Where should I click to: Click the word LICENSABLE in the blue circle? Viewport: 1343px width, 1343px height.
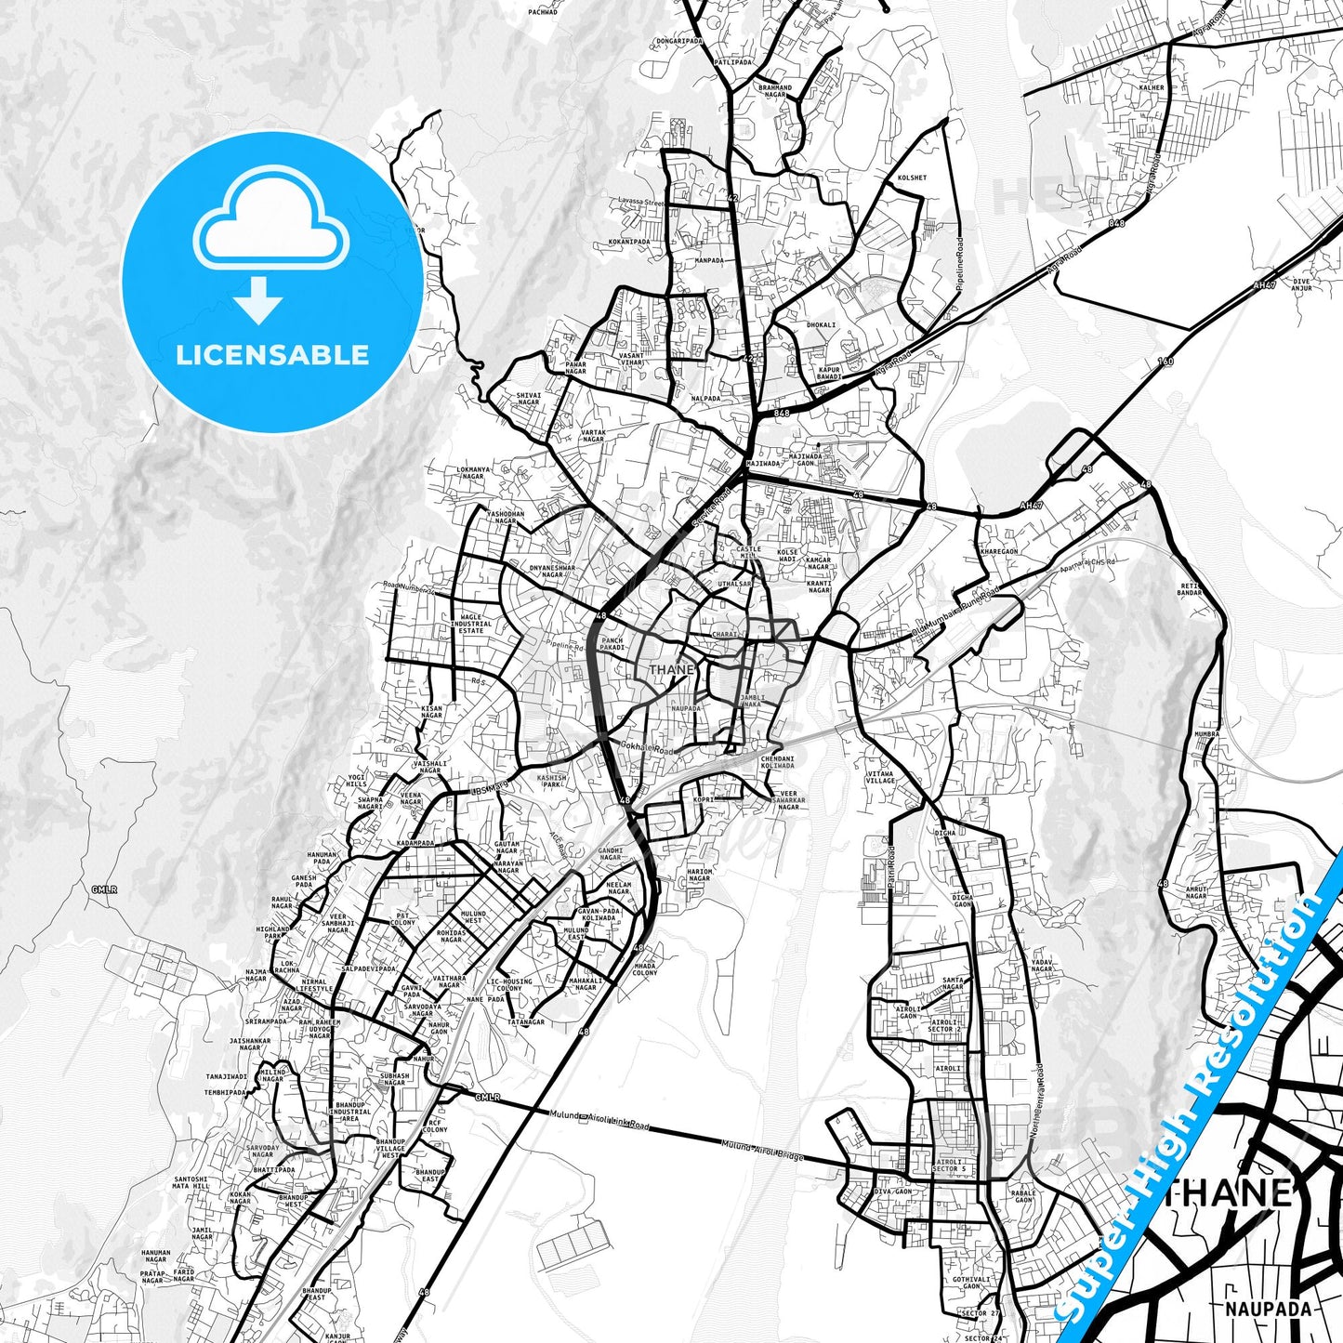pos(272,355)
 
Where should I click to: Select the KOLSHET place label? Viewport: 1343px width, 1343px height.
pos(912,178)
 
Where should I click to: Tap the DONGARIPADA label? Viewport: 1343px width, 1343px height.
pos(679,41)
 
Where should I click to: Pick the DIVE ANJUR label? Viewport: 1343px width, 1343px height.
pos(1301,284)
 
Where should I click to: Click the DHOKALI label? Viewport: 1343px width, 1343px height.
pos(821,325)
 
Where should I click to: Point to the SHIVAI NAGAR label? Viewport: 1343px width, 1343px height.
pos(528,399)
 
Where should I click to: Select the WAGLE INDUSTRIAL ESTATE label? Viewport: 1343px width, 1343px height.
pos(471,624)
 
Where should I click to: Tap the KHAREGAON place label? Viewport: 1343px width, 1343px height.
pos(999,551)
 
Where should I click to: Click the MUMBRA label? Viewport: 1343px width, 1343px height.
pos(1206,734)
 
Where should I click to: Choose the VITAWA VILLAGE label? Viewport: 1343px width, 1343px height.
pos(879,777)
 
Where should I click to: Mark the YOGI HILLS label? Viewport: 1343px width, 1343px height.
pos(357,781)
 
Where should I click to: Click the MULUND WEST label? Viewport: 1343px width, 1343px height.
pos(473,917)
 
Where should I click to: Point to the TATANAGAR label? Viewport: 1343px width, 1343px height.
pos(526,1022)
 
